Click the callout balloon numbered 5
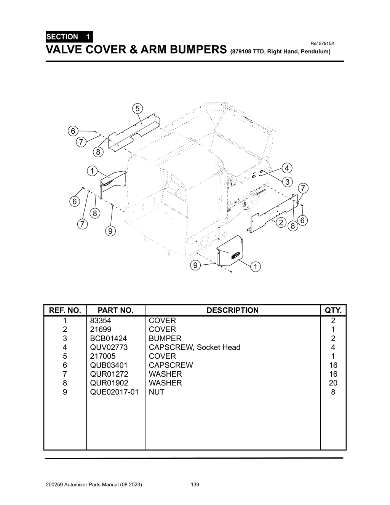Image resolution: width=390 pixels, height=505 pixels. tap(137, 108)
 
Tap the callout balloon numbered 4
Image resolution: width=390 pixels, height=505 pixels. tap(287, 168)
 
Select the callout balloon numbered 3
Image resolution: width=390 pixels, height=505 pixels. tap(288, 182)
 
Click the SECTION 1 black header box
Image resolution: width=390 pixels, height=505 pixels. tap(69, 37)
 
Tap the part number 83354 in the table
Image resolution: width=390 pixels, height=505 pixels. tap(101, 321)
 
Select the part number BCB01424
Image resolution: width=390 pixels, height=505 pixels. tap(108, 338)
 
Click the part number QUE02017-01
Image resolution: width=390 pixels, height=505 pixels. tap(114, 392)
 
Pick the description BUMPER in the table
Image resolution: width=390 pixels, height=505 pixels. tap(165, 338)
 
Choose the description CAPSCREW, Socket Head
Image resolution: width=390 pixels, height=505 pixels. tap(194, 347)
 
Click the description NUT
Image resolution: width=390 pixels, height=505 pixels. tap(156, 392)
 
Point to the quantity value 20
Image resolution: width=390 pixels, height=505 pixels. tap(333, 383)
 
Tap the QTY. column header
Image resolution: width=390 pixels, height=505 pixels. tap(333, 310)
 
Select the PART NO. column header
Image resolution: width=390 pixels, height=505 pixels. tap(115, 310)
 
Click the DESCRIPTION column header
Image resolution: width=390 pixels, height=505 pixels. tap(232, 310)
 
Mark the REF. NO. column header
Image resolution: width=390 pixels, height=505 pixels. tap(65, 310)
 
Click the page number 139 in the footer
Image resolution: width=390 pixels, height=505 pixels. tap(195, 485)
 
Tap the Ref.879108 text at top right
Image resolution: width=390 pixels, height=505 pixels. tap(322, 43)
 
